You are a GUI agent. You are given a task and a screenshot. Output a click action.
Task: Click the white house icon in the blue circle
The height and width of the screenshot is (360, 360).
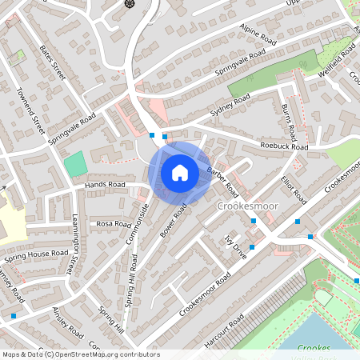point(179,172)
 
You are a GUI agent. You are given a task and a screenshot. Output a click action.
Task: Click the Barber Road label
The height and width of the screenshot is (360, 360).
point(223,183)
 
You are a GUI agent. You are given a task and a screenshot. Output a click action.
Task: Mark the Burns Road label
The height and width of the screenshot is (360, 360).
point(289,122)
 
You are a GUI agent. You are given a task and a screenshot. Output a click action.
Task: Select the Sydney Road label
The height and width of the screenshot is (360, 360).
point(230,106)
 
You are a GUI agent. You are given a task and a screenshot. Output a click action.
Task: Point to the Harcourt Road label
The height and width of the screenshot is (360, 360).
point(224,332)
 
